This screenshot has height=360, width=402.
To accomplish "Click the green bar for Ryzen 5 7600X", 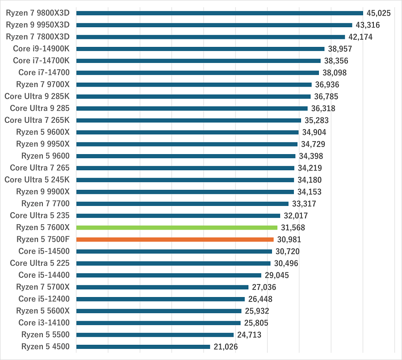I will coord(177,227).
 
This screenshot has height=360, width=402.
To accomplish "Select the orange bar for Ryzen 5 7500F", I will coord(175,239).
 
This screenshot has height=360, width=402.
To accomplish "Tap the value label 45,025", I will coord(378,13).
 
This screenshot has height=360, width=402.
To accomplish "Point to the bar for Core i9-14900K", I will coord(201,49).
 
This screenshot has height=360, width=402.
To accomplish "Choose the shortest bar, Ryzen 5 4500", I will coord(143,347).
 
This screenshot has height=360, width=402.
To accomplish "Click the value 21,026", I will coord(226,347).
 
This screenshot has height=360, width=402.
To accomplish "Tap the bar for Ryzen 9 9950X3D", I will coord(214,25).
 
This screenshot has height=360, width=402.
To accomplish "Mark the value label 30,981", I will coord(289,239).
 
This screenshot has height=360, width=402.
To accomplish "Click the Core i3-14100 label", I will coord(44,322).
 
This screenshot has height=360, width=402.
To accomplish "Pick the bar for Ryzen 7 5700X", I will coord(162,287).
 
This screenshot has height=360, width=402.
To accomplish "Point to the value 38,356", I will coord(336,61).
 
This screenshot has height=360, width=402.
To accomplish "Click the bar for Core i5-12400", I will coord(160,299).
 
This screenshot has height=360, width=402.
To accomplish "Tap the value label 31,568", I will coord(293,227).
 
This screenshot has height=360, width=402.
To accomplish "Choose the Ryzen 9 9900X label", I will coord(43,192).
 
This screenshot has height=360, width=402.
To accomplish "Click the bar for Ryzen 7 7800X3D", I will coord(211,37).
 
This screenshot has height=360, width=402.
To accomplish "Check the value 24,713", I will coord(249,335).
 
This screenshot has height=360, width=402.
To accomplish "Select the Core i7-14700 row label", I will coord(44,72).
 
